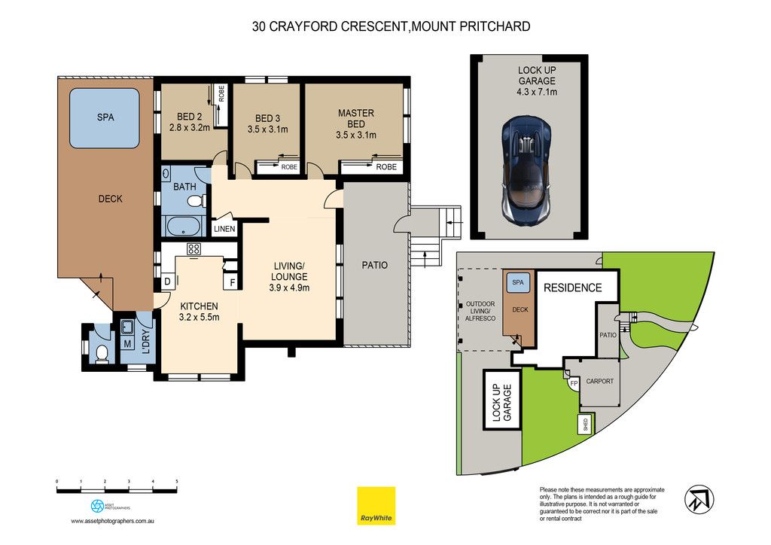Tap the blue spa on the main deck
click(104, 118)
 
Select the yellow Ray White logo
click(376, 506)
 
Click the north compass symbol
click(699, 499)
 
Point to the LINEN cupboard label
click(224, 229)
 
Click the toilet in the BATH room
click(197, 201)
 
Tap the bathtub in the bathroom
click(183, 226)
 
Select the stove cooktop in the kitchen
click(194, 248)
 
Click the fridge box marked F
click(232, 282)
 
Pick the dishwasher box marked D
click(168, 282)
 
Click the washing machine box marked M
click(127, 343)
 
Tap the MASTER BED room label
click(356, 118)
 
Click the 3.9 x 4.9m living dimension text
click(289, 288)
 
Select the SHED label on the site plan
click(585, 425)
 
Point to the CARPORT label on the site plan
click(599, 381)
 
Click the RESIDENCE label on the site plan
click(572, 288)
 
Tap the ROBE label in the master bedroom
click(386, 167)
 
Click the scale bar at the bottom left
click(117, 490)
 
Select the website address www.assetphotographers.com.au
click(113, 521)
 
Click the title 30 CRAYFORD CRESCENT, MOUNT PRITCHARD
click(392, 26)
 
